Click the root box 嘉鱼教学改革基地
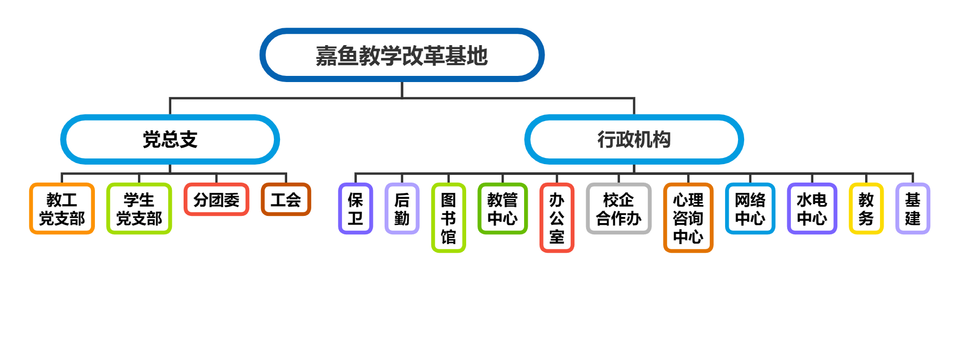pos(402,55)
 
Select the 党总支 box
pos(170,139)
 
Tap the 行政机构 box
pos(634,139)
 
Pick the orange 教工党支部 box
pos(62,209)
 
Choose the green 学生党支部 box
pos(139,209)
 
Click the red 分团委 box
pos(216,199)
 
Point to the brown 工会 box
pos(286,199)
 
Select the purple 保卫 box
pos(355,209)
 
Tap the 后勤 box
pos(402,209)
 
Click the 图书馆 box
pos(448,218)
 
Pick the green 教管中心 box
pos(503,209)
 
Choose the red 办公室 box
pos(556,218)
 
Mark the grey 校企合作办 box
pos(618,209)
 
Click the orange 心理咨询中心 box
pos(688,218)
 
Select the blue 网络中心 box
pos(750,209)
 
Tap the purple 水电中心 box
pos(812,209)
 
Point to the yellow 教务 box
pos(866,209)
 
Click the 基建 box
pos(912,209)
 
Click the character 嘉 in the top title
pos(326,55)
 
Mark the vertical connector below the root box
pos(402,89)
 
